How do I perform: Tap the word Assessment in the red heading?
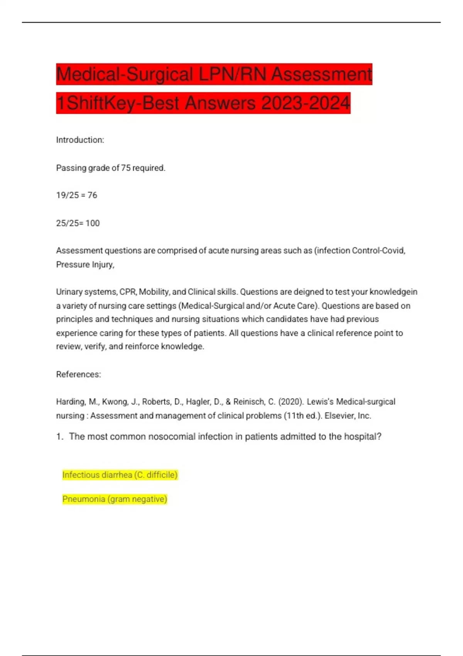[321, 74]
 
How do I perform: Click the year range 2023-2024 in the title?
[306, 103]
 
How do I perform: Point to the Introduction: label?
[80, 140]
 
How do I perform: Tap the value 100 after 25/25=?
[93, 223]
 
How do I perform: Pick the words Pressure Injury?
[85, 264]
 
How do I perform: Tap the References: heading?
[78, 374]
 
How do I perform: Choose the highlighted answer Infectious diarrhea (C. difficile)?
[120, 475]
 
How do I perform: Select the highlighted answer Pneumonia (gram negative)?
[115, 499]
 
